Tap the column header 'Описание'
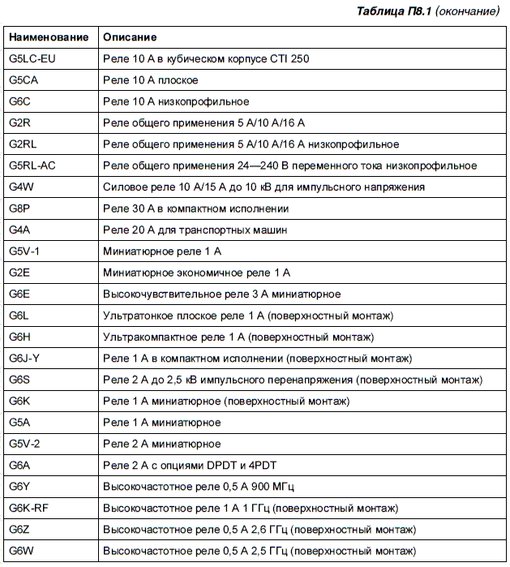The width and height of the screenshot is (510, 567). [x=130, y=37]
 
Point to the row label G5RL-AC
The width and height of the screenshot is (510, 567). [x=32, y=165]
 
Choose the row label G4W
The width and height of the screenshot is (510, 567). [x=21, y=187]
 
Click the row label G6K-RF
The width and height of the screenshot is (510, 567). [x=29, y=508]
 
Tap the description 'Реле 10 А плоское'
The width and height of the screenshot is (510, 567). [x=150, y=80]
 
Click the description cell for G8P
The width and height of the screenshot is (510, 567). [x=195, y=208]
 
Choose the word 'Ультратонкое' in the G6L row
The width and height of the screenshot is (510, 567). [x=136, y=315]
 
